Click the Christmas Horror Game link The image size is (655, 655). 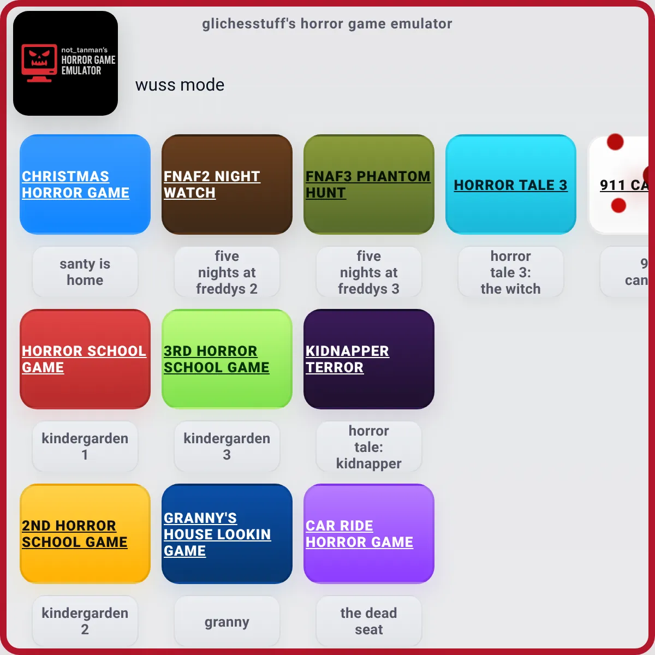[75, 184]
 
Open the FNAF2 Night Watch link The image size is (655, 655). [212, 184]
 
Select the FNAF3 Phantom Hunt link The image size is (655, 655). [368, 184]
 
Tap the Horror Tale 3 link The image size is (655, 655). [510, 185]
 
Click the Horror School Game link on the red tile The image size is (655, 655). [84, 359]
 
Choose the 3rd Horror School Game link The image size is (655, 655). [217, 359]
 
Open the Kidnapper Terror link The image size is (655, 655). [347, 359]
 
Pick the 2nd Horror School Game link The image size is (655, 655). [74, 534]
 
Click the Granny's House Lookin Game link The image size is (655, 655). [217, 534]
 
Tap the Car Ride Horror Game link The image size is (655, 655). [359, 534]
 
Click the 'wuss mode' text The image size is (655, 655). [180, 85]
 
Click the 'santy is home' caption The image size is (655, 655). [85, 272]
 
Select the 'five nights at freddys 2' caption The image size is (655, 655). [227, 272]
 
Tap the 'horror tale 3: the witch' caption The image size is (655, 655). [510, 272]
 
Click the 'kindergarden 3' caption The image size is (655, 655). [227, 446]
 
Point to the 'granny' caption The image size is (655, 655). [227, 622]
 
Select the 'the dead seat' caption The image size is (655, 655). [369, 621]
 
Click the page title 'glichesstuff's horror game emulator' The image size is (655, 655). [327, 24]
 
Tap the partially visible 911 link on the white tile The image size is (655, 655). [624, 185]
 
